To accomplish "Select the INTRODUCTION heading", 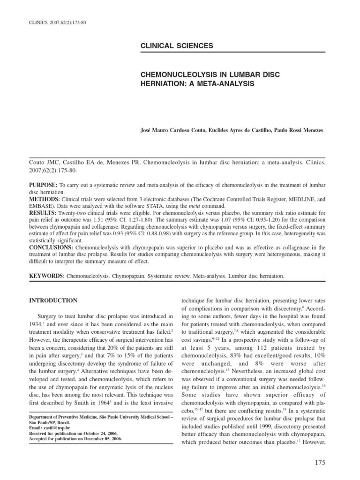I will pos(53,300).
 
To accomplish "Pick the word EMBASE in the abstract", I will pos(42,206).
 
